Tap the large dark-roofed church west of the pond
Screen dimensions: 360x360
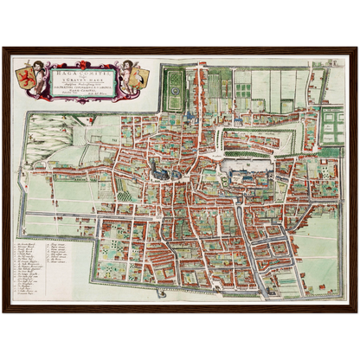click(157, 169)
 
